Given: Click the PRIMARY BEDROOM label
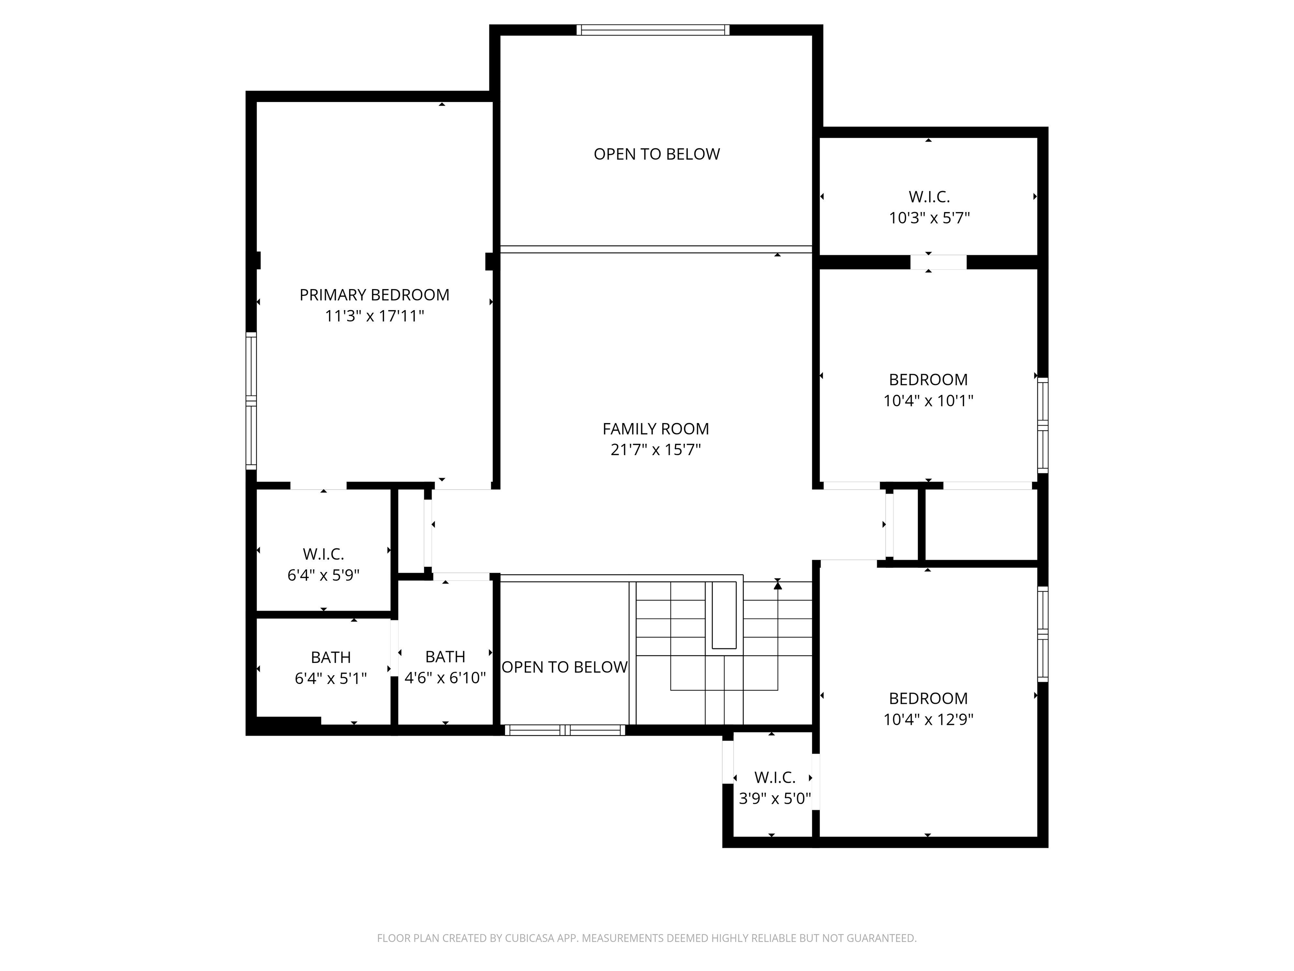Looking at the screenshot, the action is [x=374, y=295].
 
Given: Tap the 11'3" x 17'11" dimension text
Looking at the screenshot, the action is [x=374, y=316].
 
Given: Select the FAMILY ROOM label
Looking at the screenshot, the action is [x=656, y=429].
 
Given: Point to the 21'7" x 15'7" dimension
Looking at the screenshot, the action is [x=656, y=450].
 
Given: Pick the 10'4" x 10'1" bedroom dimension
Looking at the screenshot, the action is [x=928, y=401].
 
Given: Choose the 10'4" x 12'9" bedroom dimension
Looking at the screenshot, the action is [x=928, y=719].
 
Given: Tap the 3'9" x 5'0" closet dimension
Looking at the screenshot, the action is [x=775, y=799].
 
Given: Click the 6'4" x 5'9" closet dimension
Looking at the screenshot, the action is [x=323, y=575].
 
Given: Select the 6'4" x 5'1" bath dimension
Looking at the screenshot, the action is [x=331, y=679].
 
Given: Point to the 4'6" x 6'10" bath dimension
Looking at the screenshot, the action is [x=445, y=678].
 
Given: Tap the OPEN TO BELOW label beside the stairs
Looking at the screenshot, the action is [x=564, y=667].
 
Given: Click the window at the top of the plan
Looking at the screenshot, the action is [x=653, y=30].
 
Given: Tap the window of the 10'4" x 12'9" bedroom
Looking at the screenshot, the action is [x=1043, y=634].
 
